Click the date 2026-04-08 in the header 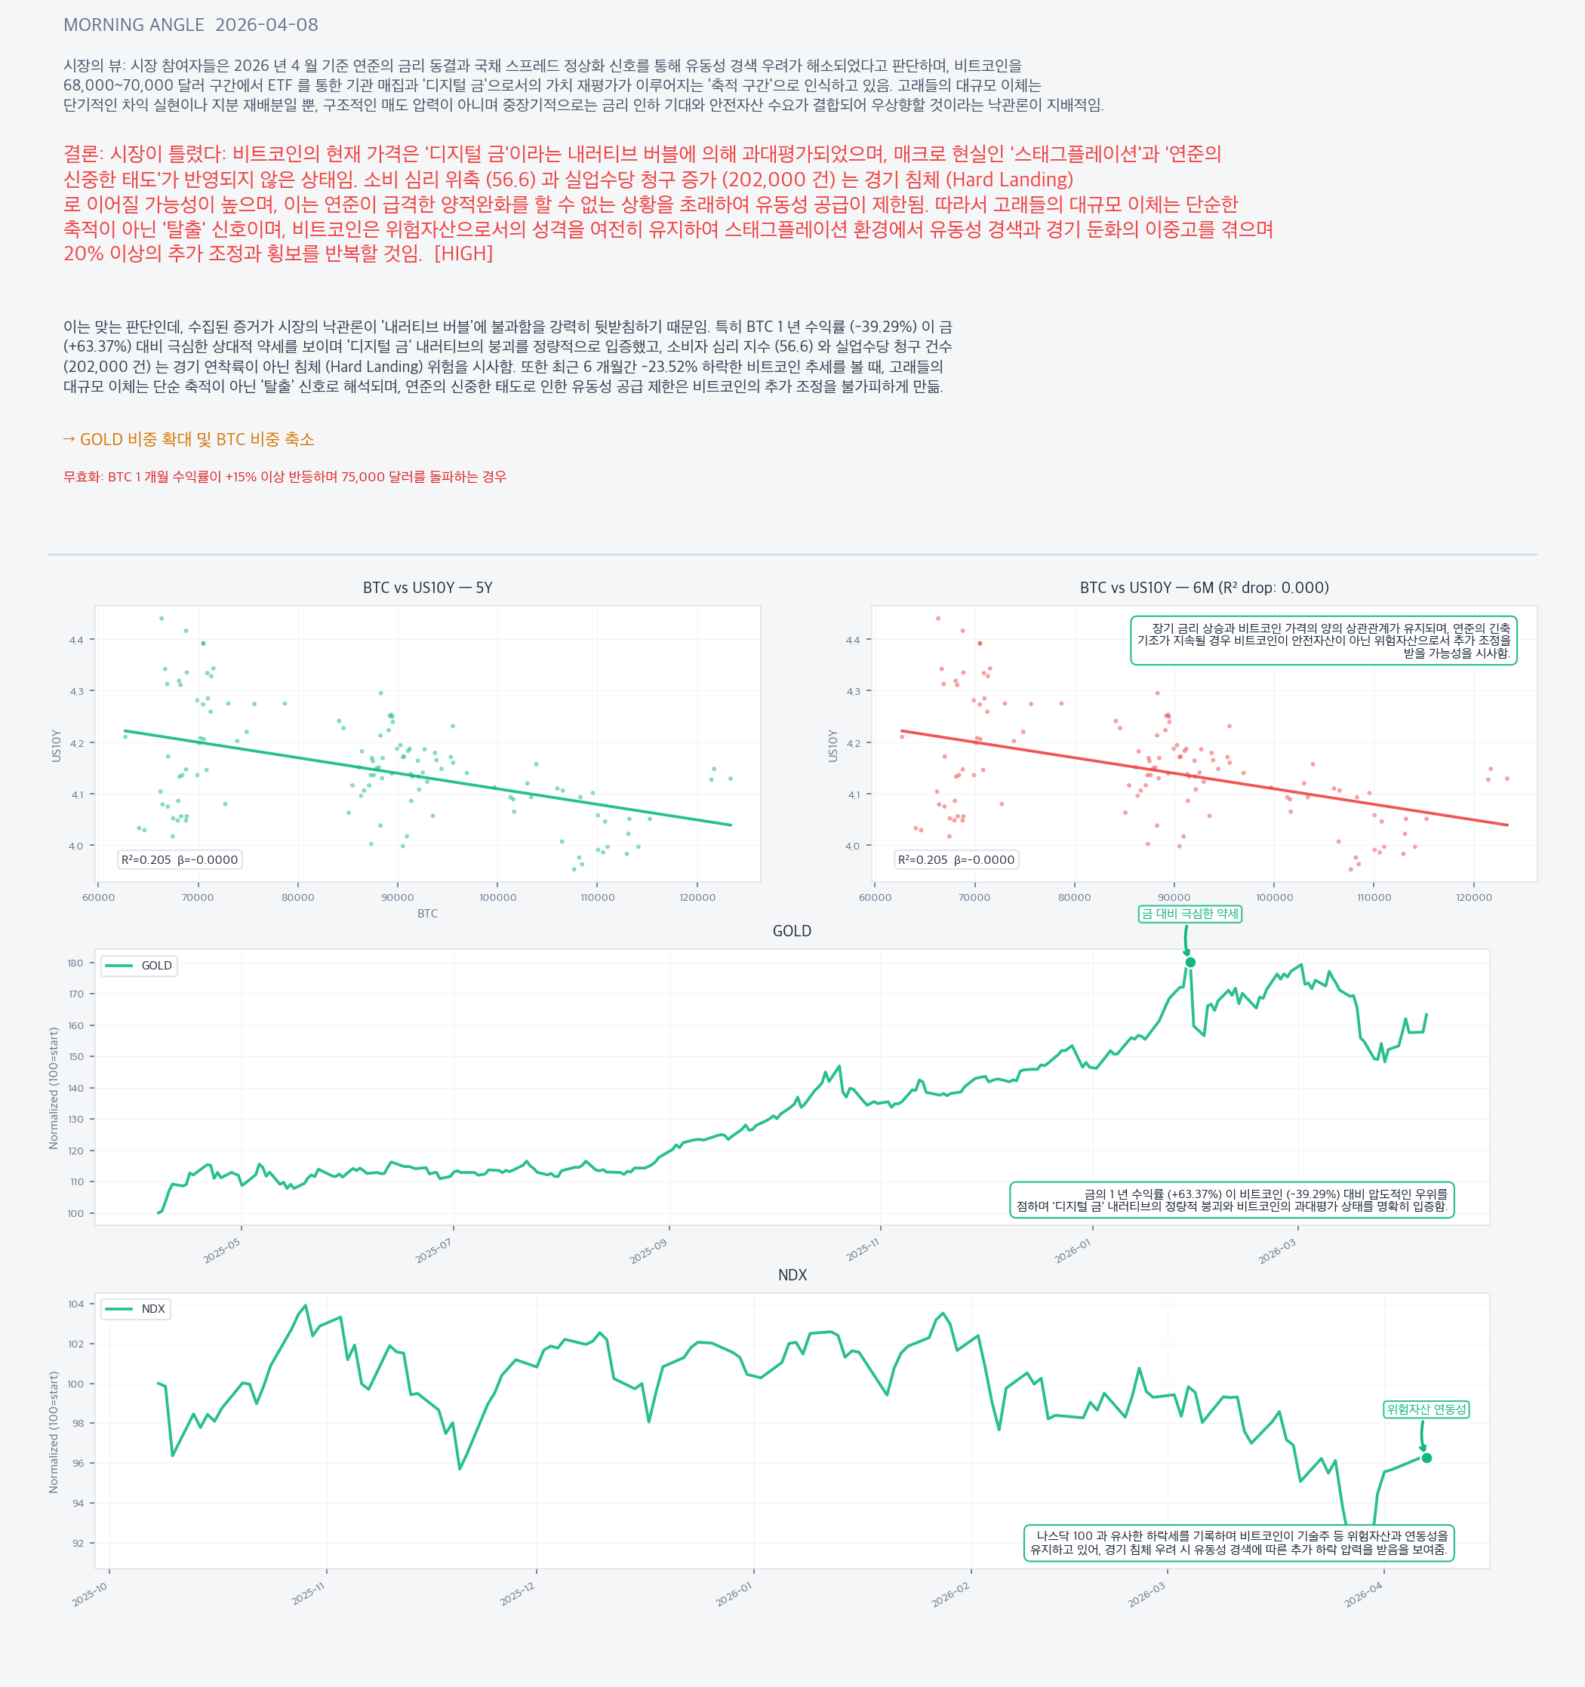[x=266, y=26]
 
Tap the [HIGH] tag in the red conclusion [x=463, y=254]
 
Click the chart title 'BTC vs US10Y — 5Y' [x=427, y=588]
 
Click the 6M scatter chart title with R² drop [x=1204, y=588]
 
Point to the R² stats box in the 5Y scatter [x=179, y=859]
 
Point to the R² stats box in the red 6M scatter [x=956, y=859]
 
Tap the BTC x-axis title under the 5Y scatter [x=427, y=913]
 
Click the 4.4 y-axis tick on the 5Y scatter [x=76, y=640]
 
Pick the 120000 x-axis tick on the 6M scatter [x=1474, y=897]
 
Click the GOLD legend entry [x=139, y=966]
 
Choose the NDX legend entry [x=136, y=1309]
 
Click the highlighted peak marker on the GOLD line [x=1190, y=962]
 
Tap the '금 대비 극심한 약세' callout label [x=1190, y=914]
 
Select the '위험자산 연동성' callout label [x=1426, y=1409]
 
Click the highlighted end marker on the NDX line [x=1426, y=1458]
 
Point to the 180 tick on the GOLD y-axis [x=75, y=963]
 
